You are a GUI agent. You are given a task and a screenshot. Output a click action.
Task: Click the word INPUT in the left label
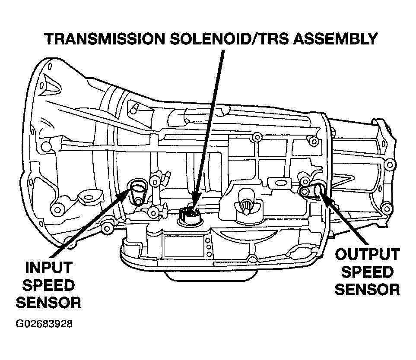point(48,267)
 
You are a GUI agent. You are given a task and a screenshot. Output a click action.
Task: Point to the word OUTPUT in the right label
point(367,255)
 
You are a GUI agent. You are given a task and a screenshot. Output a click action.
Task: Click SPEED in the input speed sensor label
point(48,285)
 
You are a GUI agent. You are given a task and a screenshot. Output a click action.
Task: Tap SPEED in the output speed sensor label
point(367,272)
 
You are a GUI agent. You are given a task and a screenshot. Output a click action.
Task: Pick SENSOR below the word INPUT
point(48,303)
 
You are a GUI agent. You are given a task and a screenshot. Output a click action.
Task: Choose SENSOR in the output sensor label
point(367,290)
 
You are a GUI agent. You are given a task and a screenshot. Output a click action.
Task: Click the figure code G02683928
point(44,324)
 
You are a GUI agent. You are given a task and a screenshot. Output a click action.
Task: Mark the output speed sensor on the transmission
point(318,189)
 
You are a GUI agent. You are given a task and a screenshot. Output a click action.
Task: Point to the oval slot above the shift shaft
point(279,183)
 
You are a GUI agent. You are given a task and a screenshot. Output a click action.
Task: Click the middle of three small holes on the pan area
point(208,247)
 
